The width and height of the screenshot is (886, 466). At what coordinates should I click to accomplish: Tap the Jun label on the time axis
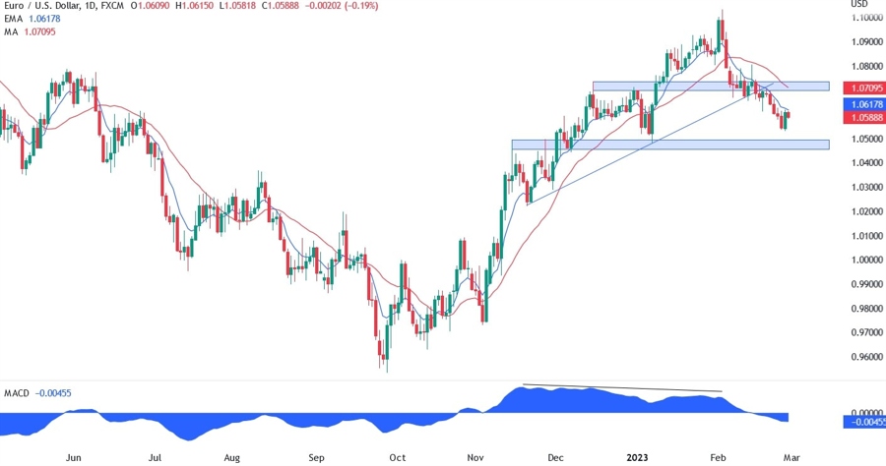tap(72, 457)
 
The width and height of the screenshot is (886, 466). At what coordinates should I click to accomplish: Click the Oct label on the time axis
tap(397, 457)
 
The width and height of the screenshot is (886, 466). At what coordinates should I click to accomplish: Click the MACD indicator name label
tap(18, 393)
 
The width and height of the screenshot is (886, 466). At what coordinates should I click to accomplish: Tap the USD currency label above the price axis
tap(857, 5)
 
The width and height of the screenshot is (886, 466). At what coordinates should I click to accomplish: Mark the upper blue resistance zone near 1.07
tap(710, 87)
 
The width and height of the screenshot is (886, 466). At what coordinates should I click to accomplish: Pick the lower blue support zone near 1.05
tap(669, 145)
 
